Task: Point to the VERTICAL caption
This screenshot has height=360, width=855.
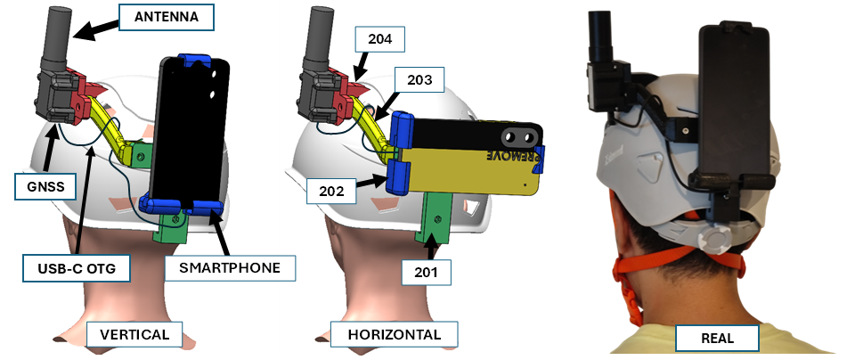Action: pyautogui.click(x=134, y=336)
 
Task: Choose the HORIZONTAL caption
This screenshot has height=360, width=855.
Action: pyautogui.click(x=392, y=335)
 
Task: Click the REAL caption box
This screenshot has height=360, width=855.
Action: pyautogui.click(x=717, y=339)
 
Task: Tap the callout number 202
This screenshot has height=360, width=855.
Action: pyautogui.click(x=330, y=189)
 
